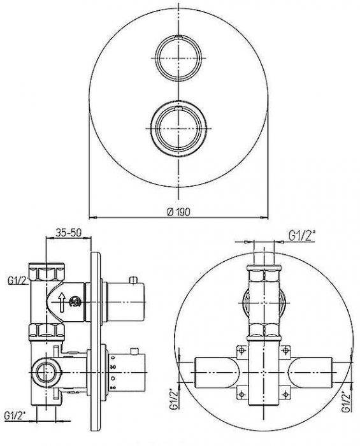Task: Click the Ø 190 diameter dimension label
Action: click(x=178, y=212)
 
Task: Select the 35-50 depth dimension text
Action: click(x=68, y=233)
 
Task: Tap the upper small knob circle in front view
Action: click(x=178, y=58)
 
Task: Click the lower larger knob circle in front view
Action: click(x=178, y=129)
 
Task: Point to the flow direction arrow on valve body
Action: click(x=62, y=302)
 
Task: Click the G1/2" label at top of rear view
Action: click(x=302, y=236)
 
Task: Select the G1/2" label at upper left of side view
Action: click(x=18, y=280)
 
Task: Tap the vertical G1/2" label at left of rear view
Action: click(x=175, y=399)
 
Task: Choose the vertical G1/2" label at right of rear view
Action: click(x=346, y=401)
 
